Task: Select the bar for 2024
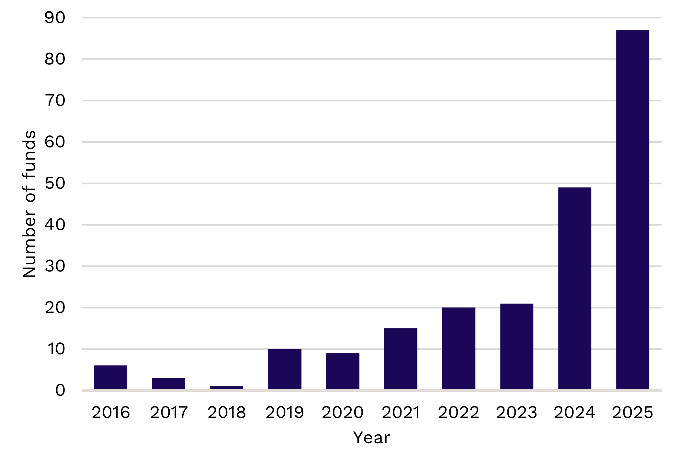pos(574,288)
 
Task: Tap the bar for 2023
pos(516,346)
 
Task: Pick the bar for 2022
pos(458,348)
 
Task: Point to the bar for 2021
pos(401,359)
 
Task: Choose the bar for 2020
pos(343,371)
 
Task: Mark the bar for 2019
pos(285,369)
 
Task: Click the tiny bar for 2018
pos(227,387)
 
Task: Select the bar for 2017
pos(169,383)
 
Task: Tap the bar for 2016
pos(111,377)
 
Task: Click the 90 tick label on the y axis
pos(55,18)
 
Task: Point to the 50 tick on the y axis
pos(55,183)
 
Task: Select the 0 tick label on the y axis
pos(60,391)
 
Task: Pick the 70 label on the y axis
pos(55,101)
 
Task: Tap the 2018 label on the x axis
pos(227,413)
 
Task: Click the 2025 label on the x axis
pos(632,413)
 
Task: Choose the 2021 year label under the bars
pos(401,413)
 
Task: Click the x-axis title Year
pos(371,438)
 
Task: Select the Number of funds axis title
pos(29,204)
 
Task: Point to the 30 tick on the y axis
pos(55,266)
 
